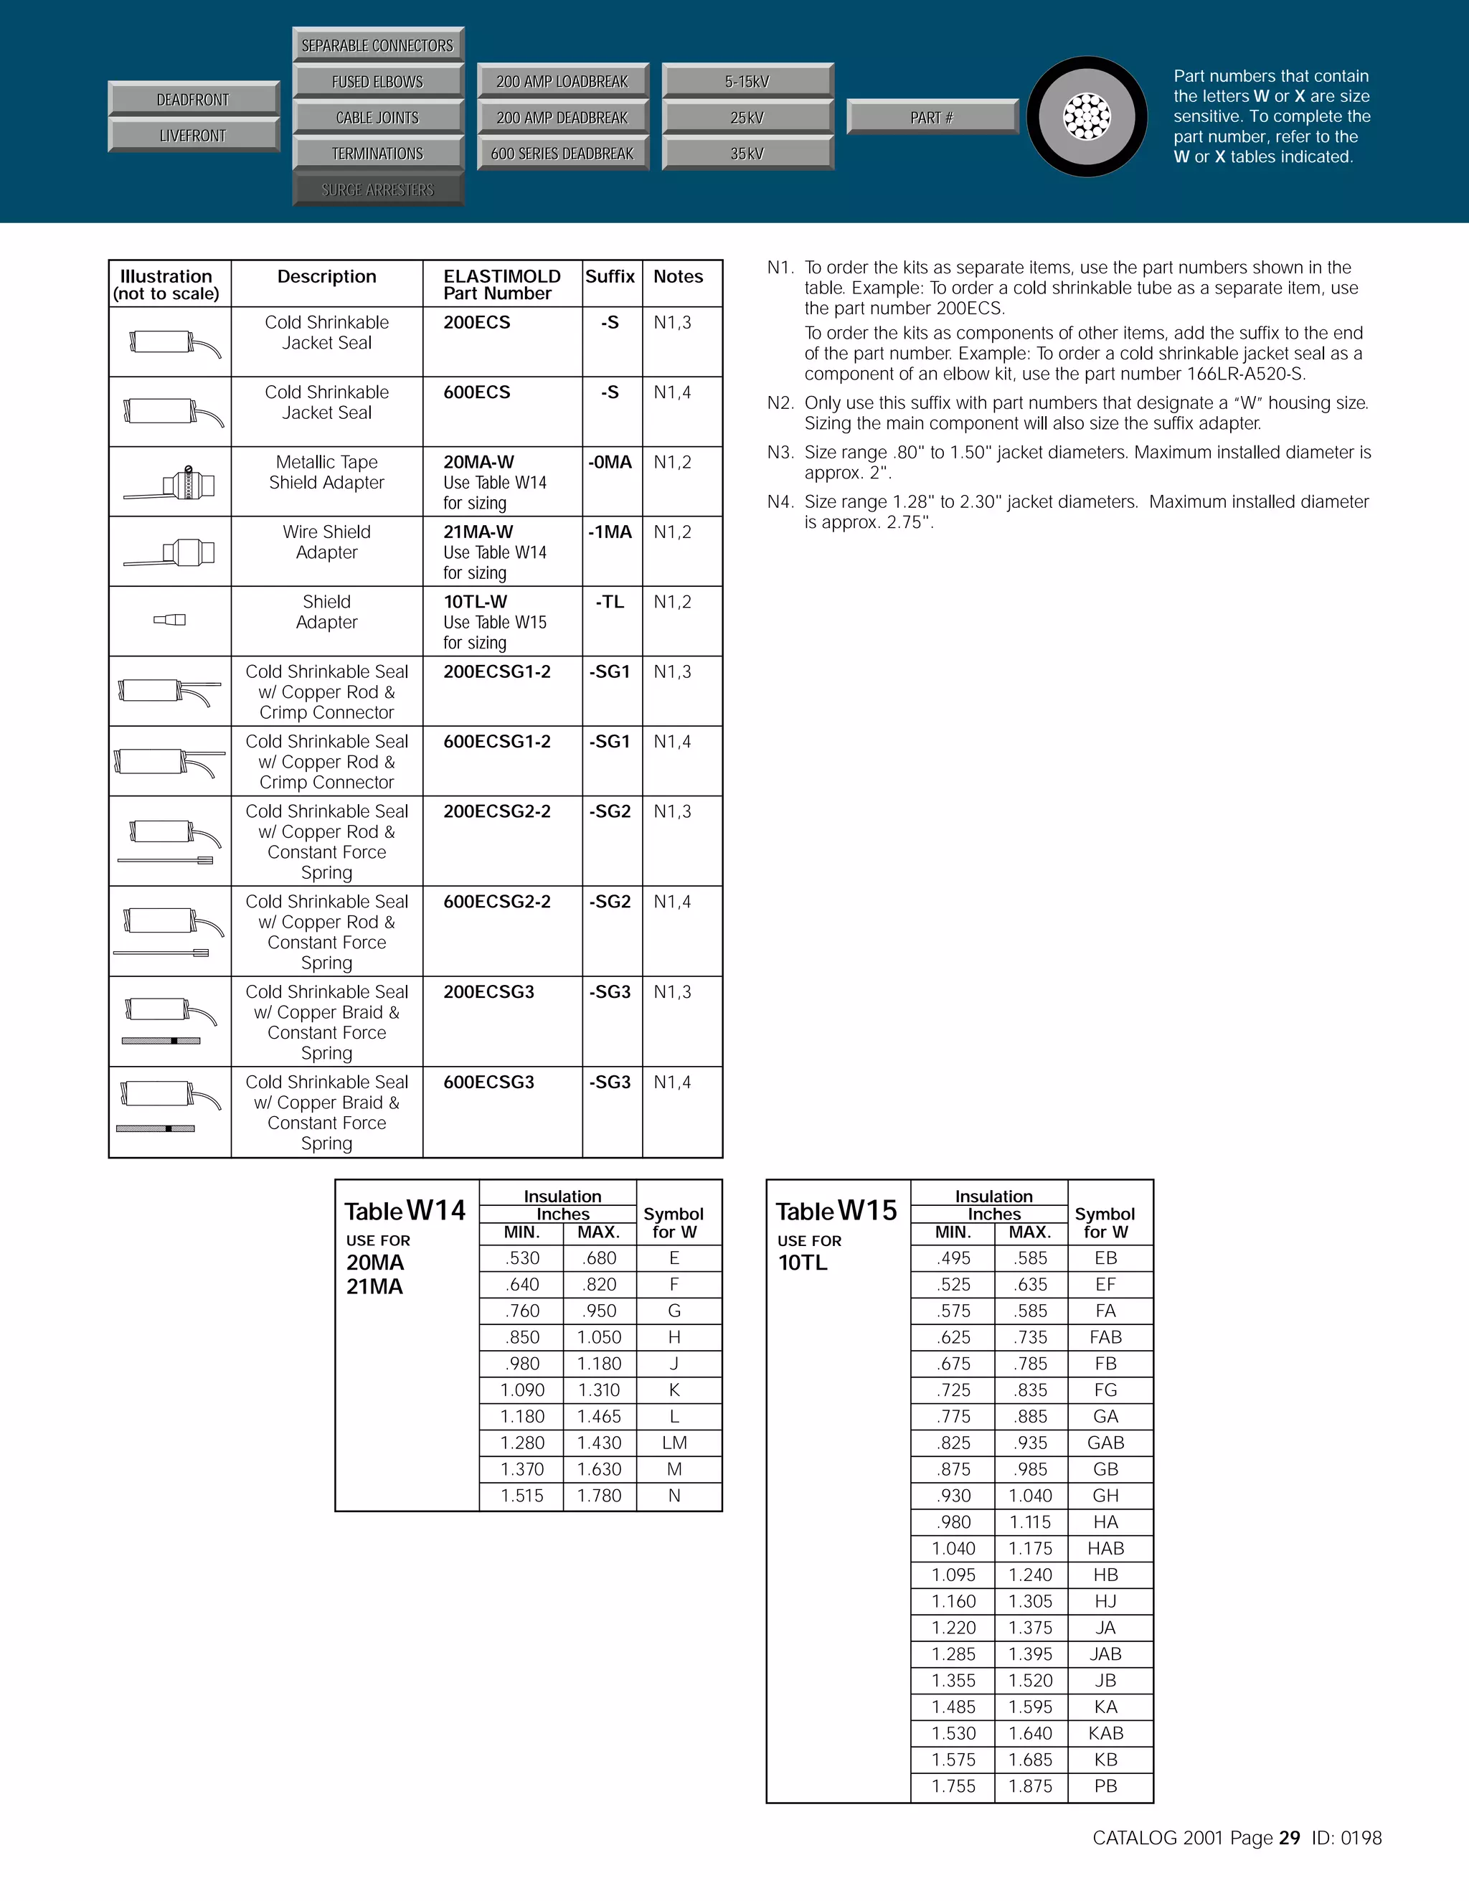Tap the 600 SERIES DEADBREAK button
(562, 154)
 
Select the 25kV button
(747, 118)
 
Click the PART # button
(931, 118)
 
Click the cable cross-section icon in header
(1087, 117)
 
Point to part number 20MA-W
(478, 462)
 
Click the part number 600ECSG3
(488, 1082)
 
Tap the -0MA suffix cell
(610, 462)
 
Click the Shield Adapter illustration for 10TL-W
(170, 620)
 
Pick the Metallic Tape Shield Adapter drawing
(170, 483)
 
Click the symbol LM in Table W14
(674, 1443)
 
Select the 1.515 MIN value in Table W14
(522, 1496)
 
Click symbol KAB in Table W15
(1105, 1733)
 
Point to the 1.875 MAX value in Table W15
(1031, 1786)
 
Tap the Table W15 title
(836, 1211)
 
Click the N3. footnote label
(780, 453)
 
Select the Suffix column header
(610, 277)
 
